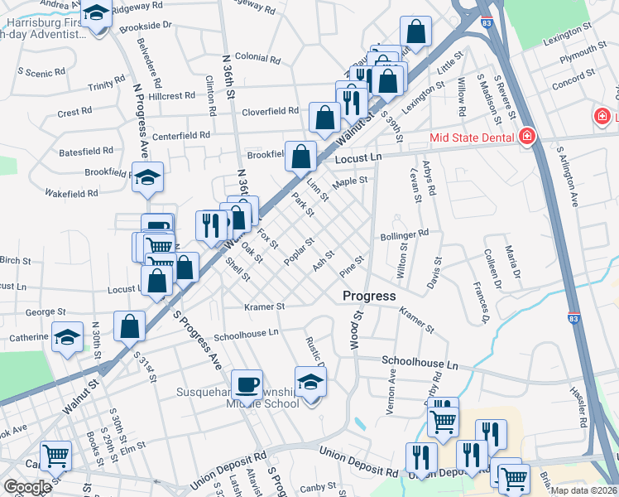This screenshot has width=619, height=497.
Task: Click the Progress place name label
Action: click(x=369, y=296)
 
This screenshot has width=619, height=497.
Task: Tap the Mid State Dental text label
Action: click(x=472, y=138)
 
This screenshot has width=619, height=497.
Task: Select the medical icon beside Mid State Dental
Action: click(x=526, y=137)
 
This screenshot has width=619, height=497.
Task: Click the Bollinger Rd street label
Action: click(x=405, y=234)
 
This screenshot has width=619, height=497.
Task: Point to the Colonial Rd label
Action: click(x=257, y=58)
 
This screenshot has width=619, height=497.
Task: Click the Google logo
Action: click(x=28, y=487)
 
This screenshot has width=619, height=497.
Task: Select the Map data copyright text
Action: click(x=583, y=490)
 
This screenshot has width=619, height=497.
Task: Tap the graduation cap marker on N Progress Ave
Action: click(x=148, y=178)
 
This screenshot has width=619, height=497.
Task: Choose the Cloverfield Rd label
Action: click(x=270, y=111)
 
